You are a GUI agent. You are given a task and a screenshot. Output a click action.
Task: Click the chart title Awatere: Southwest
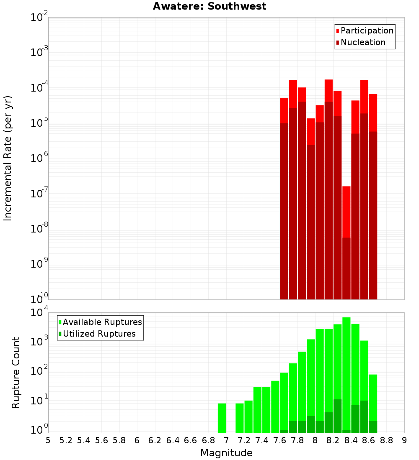tap(209, 6)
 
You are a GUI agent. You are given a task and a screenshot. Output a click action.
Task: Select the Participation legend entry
tap(367, 31)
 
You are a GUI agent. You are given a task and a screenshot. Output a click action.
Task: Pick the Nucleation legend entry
tap(363, 42)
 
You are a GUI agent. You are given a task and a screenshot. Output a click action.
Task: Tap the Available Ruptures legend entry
tap(102, 322)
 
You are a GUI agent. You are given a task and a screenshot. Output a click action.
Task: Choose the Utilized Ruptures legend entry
tap(99, 334)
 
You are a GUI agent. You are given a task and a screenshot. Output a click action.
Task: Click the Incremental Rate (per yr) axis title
tap(8, 158)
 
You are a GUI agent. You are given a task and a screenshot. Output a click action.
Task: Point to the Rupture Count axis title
tap(16, 372)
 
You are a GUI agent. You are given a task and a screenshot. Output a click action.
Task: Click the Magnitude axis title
tap(226, 453)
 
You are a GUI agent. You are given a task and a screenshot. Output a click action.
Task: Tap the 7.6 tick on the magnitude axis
tap(280, 440)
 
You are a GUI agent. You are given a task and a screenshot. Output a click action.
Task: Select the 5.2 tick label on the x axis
tap(66, 440)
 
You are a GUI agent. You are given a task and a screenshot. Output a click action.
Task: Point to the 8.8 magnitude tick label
tap(387, 440)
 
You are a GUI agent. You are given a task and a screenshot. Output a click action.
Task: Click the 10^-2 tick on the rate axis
tap(39, 18)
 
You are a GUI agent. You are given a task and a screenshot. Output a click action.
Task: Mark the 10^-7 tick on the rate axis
tap(39, 194)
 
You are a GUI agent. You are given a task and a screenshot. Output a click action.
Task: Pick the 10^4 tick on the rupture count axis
tap(39, 313)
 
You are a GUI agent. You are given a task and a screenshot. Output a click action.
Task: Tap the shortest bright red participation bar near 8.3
tap(347, 211)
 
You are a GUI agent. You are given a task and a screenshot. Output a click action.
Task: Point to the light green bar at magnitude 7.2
tap(248, 417)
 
